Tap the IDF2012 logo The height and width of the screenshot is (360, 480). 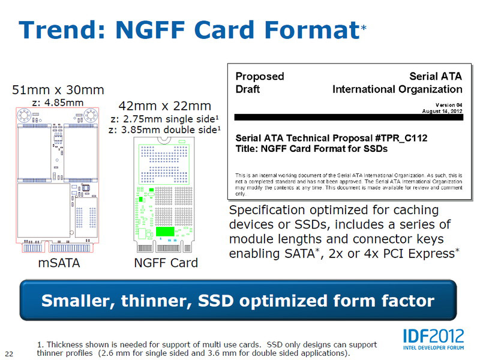click(x=433, y=339)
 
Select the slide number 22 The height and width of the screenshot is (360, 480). click(x=9, y=354)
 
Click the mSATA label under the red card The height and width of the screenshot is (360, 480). click(x=59, y=263)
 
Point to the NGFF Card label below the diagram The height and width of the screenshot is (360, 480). click(x=166, y=263)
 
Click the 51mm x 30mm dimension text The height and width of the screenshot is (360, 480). click(x=58, y=90)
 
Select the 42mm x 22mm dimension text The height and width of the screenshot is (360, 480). click(x=164, y=106)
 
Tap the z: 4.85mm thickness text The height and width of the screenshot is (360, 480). click(x=58, y=102)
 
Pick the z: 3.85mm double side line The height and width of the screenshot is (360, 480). click(x=164, y=130)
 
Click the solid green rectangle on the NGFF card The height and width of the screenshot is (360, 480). click(x=165, y=232)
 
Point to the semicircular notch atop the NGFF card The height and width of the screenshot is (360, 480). click(x=164, y=140)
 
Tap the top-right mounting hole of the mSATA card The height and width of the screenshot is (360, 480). click(x=91, y=115)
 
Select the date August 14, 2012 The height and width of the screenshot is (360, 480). click(x=442, y=111)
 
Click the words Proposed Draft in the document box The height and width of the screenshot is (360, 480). click(x=260, y=83)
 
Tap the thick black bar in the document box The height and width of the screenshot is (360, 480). click(x=349, y=117)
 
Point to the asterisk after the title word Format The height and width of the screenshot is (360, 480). click(x=364, y=28)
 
